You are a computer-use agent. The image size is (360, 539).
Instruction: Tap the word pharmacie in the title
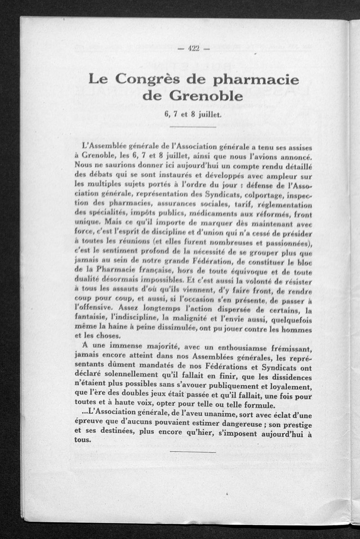[x=255, y=80]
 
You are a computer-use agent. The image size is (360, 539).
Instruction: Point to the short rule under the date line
[x=193, y=127]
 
